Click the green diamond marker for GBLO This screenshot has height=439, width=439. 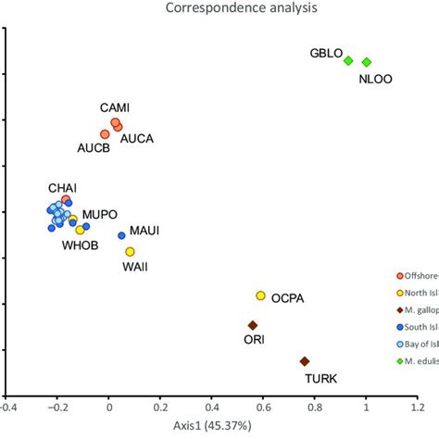(348, 61)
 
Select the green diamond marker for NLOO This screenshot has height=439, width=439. (367, 62)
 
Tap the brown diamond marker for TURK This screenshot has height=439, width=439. (305, 361)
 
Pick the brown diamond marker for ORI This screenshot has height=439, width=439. (253, 325)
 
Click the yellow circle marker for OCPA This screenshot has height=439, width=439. (261, 295)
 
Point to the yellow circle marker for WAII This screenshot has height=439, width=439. (130, 252)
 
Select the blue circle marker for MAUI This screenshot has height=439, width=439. (121, 235)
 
